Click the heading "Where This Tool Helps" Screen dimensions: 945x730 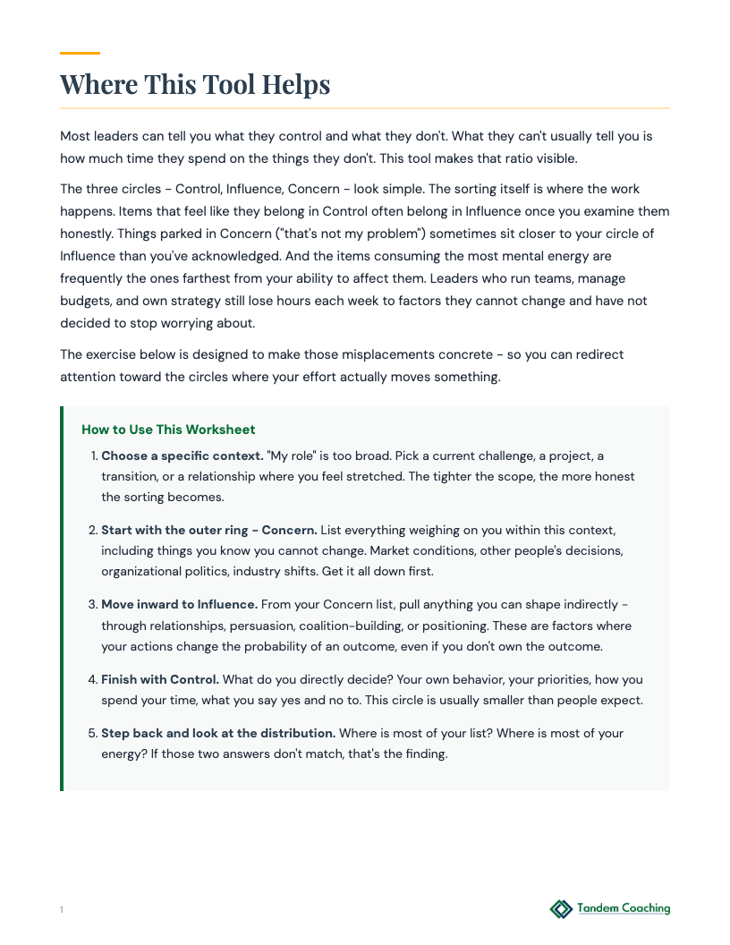pyautogui.click(x=195, y=85)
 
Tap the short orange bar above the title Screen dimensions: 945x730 pyautogui.click(x=80, y=54)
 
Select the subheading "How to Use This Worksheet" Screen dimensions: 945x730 pyautogui.click(x=168, y=430)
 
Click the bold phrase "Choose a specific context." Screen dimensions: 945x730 pyautogui.click(x=182, y=455)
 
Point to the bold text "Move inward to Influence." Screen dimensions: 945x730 pyautogui.click(x=179, y=604)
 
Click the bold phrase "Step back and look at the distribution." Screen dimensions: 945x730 pyautogui.click(x=218, y=733)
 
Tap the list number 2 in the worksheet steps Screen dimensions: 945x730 pyautogui.click(x=92, y=530)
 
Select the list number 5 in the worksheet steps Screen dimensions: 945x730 pyautogui.click(x=92, y=733)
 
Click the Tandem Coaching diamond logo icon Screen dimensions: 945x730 pyautogui.click(x=561, y=909)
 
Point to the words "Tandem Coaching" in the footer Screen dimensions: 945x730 pyautogui.click(x=624, y=908)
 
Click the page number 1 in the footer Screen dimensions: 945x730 pyautogui.click(x=62, y=910)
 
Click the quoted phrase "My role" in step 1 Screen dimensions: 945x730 pyautogui.click(x=291, y=455)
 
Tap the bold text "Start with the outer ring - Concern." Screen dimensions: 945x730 pyautogui.click(x=209, y=530)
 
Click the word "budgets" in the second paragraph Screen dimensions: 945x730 pyautogui.click(x=85, y=302)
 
